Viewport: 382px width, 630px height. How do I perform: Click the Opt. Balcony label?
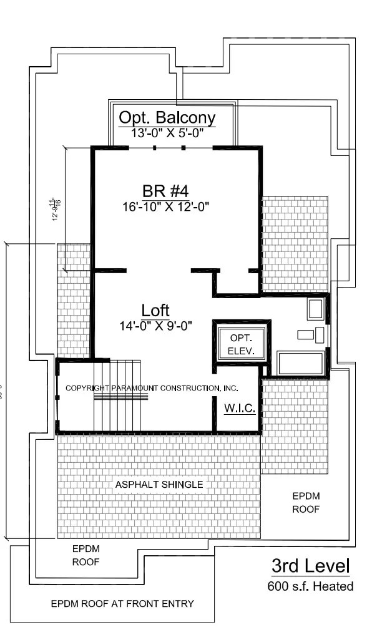tap(167, 118)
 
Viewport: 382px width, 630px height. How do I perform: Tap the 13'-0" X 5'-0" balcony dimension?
tap(167, 133)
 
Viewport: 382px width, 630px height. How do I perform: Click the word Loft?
tap(155, 310)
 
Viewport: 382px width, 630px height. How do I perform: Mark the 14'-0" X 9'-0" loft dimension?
tap(155, 325)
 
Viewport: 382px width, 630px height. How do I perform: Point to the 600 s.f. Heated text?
tap(310, 586)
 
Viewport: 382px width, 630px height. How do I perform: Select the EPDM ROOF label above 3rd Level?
tap(306, 503)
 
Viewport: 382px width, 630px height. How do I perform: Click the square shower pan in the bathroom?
tap(315, 310)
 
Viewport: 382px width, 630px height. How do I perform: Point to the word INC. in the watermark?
tap(230, 388)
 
